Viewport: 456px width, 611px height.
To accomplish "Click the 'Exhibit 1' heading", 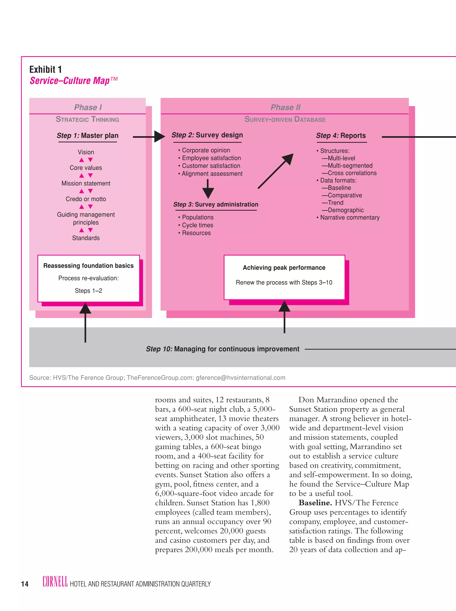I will [x=45, y=69].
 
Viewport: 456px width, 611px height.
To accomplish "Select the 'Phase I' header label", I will [x=88, y=107].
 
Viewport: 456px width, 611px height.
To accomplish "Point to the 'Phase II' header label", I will [x=285, y=107].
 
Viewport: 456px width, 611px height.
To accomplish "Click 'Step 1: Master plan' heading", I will [x=88, y=136].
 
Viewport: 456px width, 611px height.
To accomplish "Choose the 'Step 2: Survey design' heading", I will [x=207, y=135].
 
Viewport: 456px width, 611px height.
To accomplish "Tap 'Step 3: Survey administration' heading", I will [x=216, y=204].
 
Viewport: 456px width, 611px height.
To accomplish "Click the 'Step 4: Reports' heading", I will [x=341, y=136].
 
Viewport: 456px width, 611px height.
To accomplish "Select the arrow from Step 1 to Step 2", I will [x=149, y=137].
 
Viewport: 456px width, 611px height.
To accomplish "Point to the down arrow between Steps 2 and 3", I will [x=208, y=189].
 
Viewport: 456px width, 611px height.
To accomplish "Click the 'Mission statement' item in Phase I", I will [x=86, y=183].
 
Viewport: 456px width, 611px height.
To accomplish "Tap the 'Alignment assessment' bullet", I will [x=212, y=174].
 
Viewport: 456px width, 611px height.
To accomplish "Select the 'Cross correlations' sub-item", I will [x=352, y=173].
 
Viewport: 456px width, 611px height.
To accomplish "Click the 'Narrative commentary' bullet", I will [x=350, y=217].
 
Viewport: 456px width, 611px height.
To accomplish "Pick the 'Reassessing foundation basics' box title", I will [x=88, y=265].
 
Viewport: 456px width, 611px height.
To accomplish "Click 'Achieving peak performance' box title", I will [x=284, y=268].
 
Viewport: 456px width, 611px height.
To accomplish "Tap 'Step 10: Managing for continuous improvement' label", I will [x=222, y=349].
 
